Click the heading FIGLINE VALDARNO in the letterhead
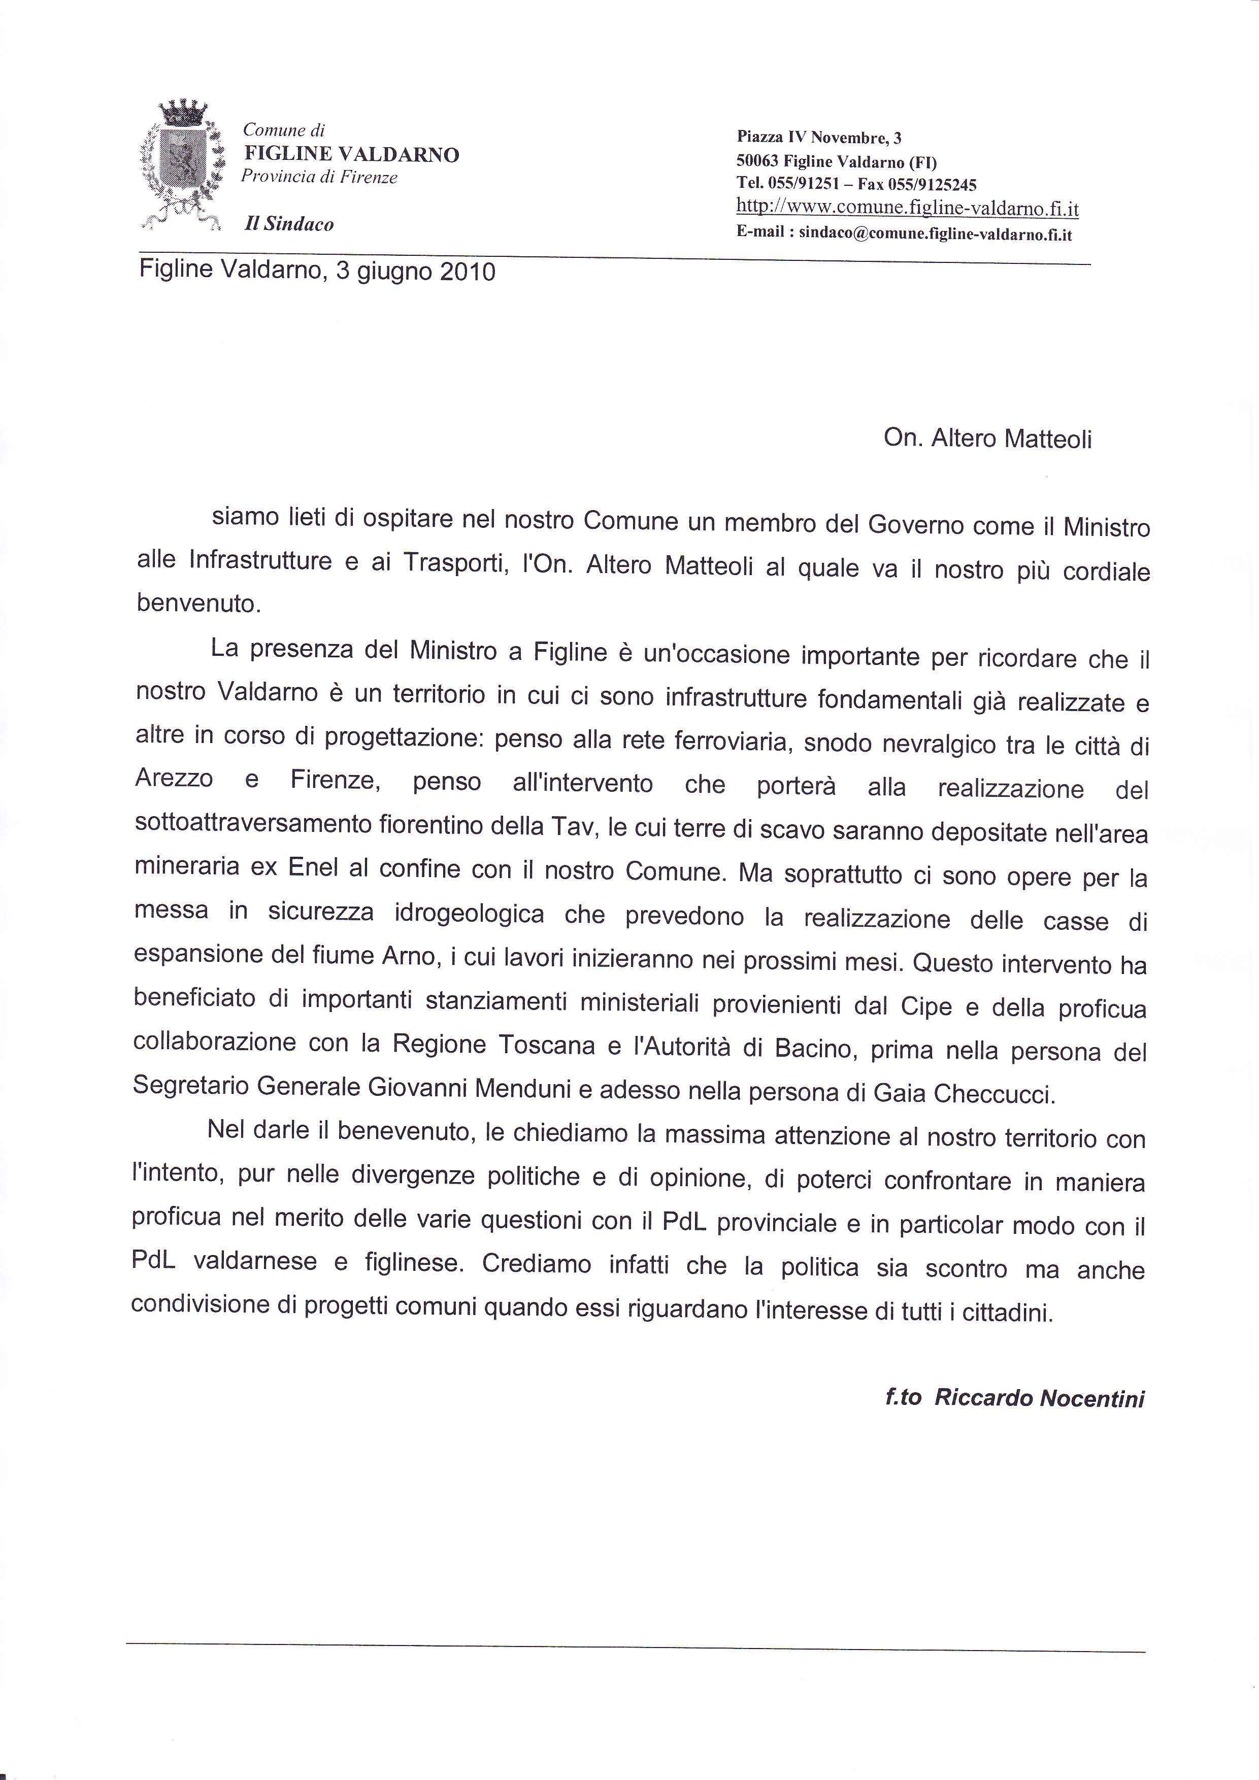point(351,154)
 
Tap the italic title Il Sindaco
point(288,224)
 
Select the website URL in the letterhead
point(907,208)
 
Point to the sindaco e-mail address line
point(904,234)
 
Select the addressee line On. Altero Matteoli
point(987,439)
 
